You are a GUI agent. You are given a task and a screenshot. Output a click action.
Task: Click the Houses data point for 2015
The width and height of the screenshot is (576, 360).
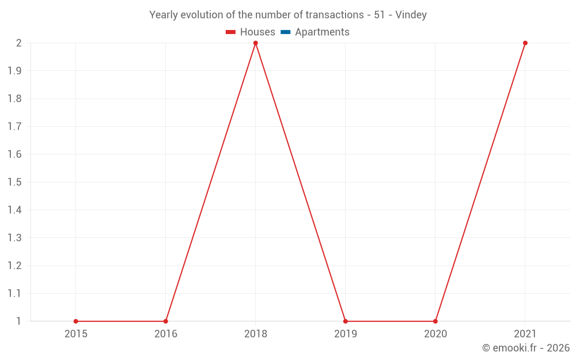pyautogui.click(x=76, y=321)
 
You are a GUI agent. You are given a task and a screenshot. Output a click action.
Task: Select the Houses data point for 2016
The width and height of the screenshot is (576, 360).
pyautogui.click(x=166, y=321)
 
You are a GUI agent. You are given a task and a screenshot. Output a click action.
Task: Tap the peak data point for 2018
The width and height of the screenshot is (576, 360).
pyautogui.click(x=256, y=43)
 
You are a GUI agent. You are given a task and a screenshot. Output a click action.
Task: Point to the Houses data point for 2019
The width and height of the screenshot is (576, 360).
pyautogui.click(x=346, y=321)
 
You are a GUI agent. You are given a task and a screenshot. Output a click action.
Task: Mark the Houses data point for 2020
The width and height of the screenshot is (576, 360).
pyautogui.click(x=435, y=321)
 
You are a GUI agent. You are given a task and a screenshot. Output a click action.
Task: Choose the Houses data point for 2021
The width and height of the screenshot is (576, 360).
pyautogui.click(x=525, y=43)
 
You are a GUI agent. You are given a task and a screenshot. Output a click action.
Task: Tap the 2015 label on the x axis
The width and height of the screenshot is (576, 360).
pyautogui.click(x=76, y=334)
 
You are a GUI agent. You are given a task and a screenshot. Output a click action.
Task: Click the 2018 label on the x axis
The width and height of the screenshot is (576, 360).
pyautogui.click(x=256, y=334)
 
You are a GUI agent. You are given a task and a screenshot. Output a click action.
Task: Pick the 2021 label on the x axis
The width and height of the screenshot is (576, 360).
pyautogui.click(x=525, y=334)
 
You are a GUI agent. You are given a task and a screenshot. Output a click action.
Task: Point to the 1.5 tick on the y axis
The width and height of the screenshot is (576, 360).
pyautogui.click(x=15, y=183)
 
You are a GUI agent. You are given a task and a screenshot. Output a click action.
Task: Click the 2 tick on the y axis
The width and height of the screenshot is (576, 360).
pyautogui.click(x=19, y=43)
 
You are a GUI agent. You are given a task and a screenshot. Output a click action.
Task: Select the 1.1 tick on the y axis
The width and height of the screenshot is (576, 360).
pyautogui.click(x=15, y=294)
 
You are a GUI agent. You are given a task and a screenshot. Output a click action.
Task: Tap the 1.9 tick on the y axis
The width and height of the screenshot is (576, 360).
pyautogui.click(x=15, y=71)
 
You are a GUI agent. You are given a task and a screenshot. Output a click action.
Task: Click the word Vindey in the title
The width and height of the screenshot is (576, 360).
pyautogui.click(x=411, y=15)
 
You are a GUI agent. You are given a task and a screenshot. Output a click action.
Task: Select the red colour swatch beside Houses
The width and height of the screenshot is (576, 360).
pyautogui.click(x=231, y=32)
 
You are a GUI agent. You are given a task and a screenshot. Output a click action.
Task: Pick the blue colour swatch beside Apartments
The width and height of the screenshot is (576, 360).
pyautogui.click(x=285, y=32)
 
